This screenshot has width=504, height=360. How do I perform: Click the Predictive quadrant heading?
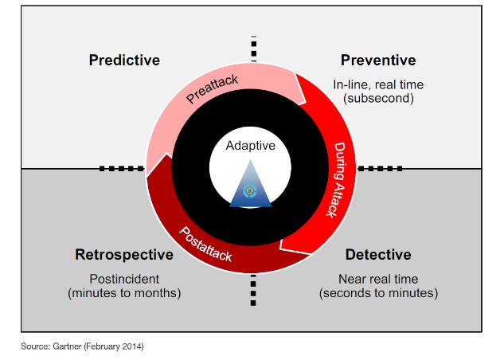[124, 60]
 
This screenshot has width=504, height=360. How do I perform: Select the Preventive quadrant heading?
[378, 60]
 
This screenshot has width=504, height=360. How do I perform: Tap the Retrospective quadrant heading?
[124, 255]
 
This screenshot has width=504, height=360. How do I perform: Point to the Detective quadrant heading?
[378, 255]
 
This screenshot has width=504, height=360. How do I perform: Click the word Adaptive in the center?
[250, 146]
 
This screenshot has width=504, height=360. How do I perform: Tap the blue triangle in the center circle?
[250, 184]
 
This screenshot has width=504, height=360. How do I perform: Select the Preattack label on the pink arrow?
[212, 89]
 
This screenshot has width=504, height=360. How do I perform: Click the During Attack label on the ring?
[336, 180]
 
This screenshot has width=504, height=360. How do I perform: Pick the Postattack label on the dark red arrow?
[205, 245]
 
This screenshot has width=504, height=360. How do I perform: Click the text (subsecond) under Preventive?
[378, 98]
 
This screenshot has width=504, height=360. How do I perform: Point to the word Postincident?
[124, 279]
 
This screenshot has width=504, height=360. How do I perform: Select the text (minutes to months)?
[124, 293]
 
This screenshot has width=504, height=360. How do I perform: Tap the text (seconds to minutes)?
[378, 293]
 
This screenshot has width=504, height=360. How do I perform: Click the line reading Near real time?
[378, 279]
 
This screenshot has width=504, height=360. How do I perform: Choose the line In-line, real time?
[378, 84]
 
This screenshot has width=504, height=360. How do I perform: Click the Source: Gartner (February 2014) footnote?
[82, 346]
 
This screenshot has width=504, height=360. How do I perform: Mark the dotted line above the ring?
[254, 49]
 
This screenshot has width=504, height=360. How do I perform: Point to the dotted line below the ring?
[253, 290]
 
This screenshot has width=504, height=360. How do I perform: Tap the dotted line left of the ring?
[122, 168]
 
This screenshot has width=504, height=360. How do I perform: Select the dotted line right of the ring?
[381, 168]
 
